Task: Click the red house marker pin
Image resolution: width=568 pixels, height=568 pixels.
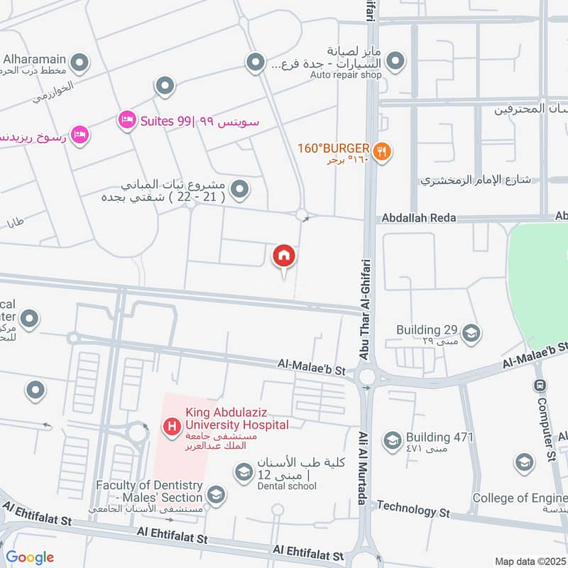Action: (284, 256)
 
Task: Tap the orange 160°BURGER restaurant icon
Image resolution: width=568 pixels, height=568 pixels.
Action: (383, 151)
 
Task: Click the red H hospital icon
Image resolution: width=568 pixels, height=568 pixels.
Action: (171, 427)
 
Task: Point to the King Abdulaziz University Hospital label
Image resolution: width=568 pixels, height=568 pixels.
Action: (237, 418)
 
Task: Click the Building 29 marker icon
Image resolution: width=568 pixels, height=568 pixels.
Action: (470, 332)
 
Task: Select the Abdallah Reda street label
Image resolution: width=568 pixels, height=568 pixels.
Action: (418, 218)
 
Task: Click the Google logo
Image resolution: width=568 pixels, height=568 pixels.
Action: (30, 557)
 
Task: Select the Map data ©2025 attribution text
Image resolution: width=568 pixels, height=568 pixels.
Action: (530, 561)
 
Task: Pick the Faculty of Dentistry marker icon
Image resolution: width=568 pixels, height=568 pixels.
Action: (216, 495)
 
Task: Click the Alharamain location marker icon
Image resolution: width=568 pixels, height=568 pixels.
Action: (80, 64)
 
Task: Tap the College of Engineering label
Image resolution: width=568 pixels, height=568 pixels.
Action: (520, 498)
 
